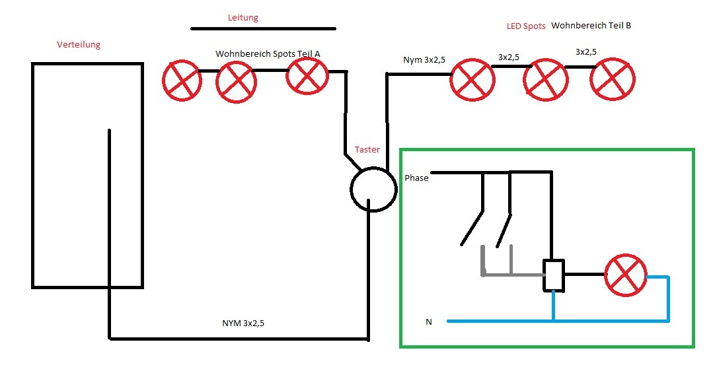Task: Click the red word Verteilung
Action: (79, 45)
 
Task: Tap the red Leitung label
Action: (243, 18)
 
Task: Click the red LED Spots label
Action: (526, 26)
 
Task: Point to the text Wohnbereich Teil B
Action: (591, 26)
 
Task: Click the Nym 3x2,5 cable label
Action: (424, 60)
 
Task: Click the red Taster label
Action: (367, 150)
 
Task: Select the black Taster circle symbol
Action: (373, 189)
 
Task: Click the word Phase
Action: (416, 178)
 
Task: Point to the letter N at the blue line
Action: (429, 322)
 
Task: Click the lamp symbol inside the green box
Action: (626, 275)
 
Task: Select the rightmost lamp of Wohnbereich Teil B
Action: (613, 79)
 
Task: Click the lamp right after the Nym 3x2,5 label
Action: (472, 79)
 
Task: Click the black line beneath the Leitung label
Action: (263, 29)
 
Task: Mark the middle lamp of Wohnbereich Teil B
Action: (545, 80)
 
